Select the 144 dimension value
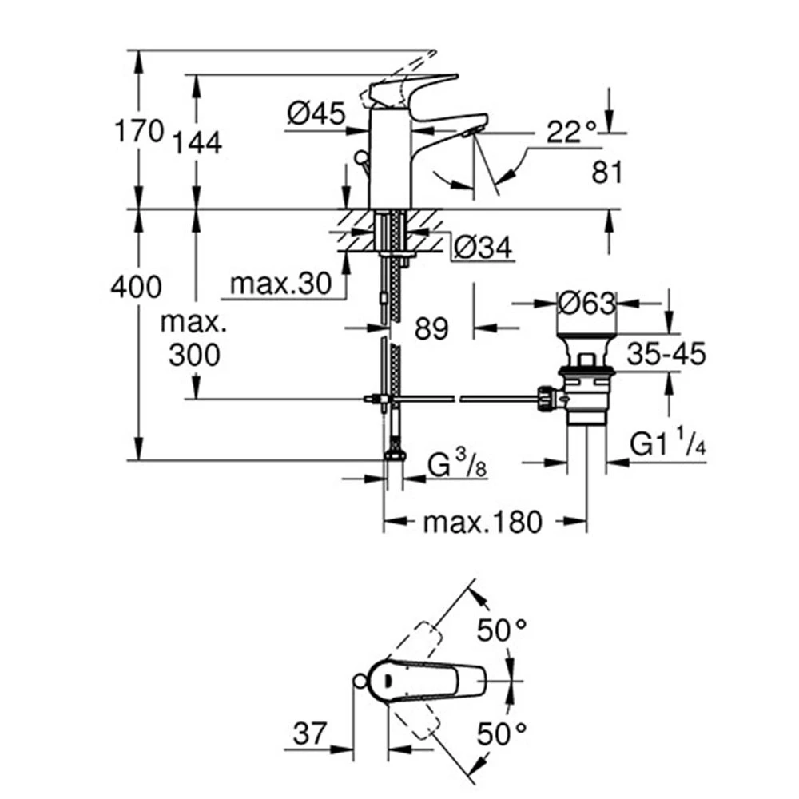tap(196, 142)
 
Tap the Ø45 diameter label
tap(316, 114)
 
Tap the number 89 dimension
tap(432, 328)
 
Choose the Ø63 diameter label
tap(587, 304)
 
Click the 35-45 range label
tap(666, 352)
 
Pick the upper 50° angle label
tap(503, 630)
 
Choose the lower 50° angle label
tap(503, 733)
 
